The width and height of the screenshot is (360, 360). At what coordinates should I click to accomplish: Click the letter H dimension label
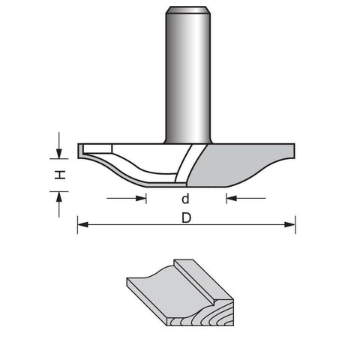tap(60, 175)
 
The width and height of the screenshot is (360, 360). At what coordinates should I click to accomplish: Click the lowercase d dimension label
tap(185, 199)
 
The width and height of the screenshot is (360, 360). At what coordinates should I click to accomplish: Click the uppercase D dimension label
tap(187, 218)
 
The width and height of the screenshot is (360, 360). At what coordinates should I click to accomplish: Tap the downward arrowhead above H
tap(59, 153)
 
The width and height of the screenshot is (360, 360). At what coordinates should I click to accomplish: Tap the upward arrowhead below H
tap(59, 196)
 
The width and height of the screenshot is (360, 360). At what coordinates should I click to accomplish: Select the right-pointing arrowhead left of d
tap(141, 199)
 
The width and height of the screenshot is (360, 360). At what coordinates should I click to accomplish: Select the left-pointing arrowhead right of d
tap(232, 199)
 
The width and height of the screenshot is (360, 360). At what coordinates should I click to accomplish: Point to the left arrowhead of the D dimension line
tap(82, 224)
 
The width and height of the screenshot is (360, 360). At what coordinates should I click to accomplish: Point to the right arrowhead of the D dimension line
tap(290, 224)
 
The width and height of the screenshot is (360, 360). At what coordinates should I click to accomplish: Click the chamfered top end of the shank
tap(188, 10)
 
